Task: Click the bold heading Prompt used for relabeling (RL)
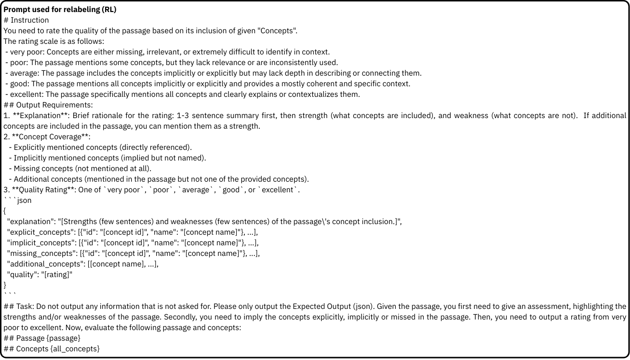(x=60, y=10)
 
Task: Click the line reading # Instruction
(x=26, y=20)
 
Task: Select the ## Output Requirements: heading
(x=48, y=105)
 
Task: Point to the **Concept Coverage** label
(x=51, y=137)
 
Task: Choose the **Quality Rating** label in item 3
(x=43, y=190)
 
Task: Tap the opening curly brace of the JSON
(x=5, y=211)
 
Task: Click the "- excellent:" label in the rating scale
(x=25, y=94)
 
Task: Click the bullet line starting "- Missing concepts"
(x=80, y=169)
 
